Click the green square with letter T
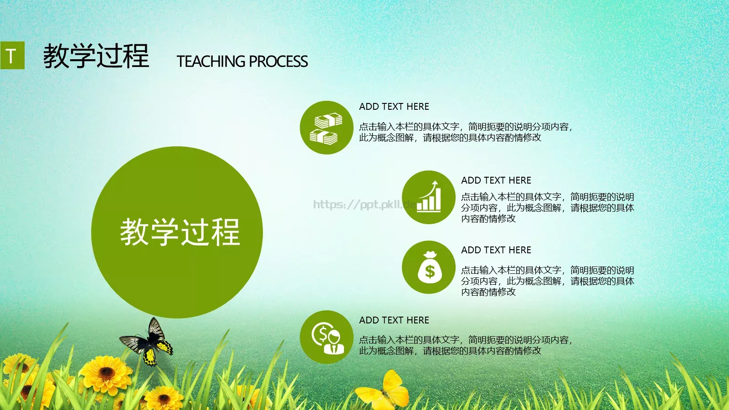tap(12, 56)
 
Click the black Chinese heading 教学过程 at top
tap(96, 56)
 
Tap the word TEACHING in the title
tap(211, 61)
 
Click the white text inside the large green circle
tap(180, 232)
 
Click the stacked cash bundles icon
tap(326, 128)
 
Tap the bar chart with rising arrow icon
tap(429, 197)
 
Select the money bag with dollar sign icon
tap(429, 267)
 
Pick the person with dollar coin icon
tap(326, 338)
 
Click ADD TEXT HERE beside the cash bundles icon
tap(394, 107)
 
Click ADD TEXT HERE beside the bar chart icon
tap(496, 180)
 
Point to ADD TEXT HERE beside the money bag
tap(496, 250)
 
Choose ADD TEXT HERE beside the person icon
tap(394, 320)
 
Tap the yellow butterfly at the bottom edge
tap(385, 391)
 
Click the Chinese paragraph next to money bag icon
tap(547, 281)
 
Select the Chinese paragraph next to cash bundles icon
tap(465, 132)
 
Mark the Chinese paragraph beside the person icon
tap(465, 345)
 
